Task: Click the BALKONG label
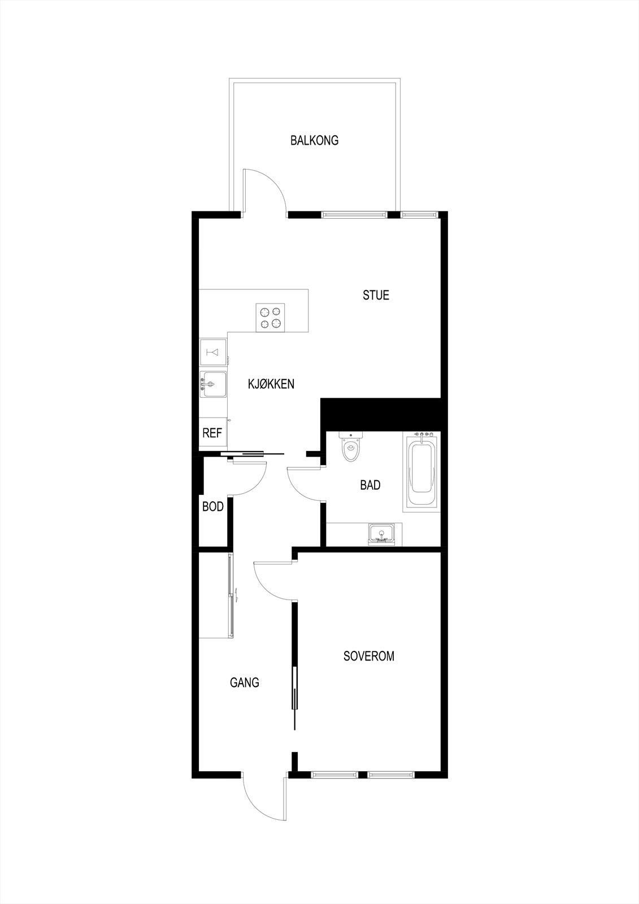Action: coord(314,140)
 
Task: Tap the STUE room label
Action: coord(376,295)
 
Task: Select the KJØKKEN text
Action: coord(271,384)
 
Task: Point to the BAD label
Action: coord(370,485)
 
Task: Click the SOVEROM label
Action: coord(369,656)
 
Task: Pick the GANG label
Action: coord(244,683)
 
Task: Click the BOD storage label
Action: coord(213,507)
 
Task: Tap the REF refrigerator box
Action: coord(212,433)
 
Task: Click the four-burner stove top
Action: coord(269,317)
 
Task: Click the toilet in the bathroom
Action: coord(351,449)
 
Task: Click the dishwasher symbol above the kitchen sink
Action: coord(213,353)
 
